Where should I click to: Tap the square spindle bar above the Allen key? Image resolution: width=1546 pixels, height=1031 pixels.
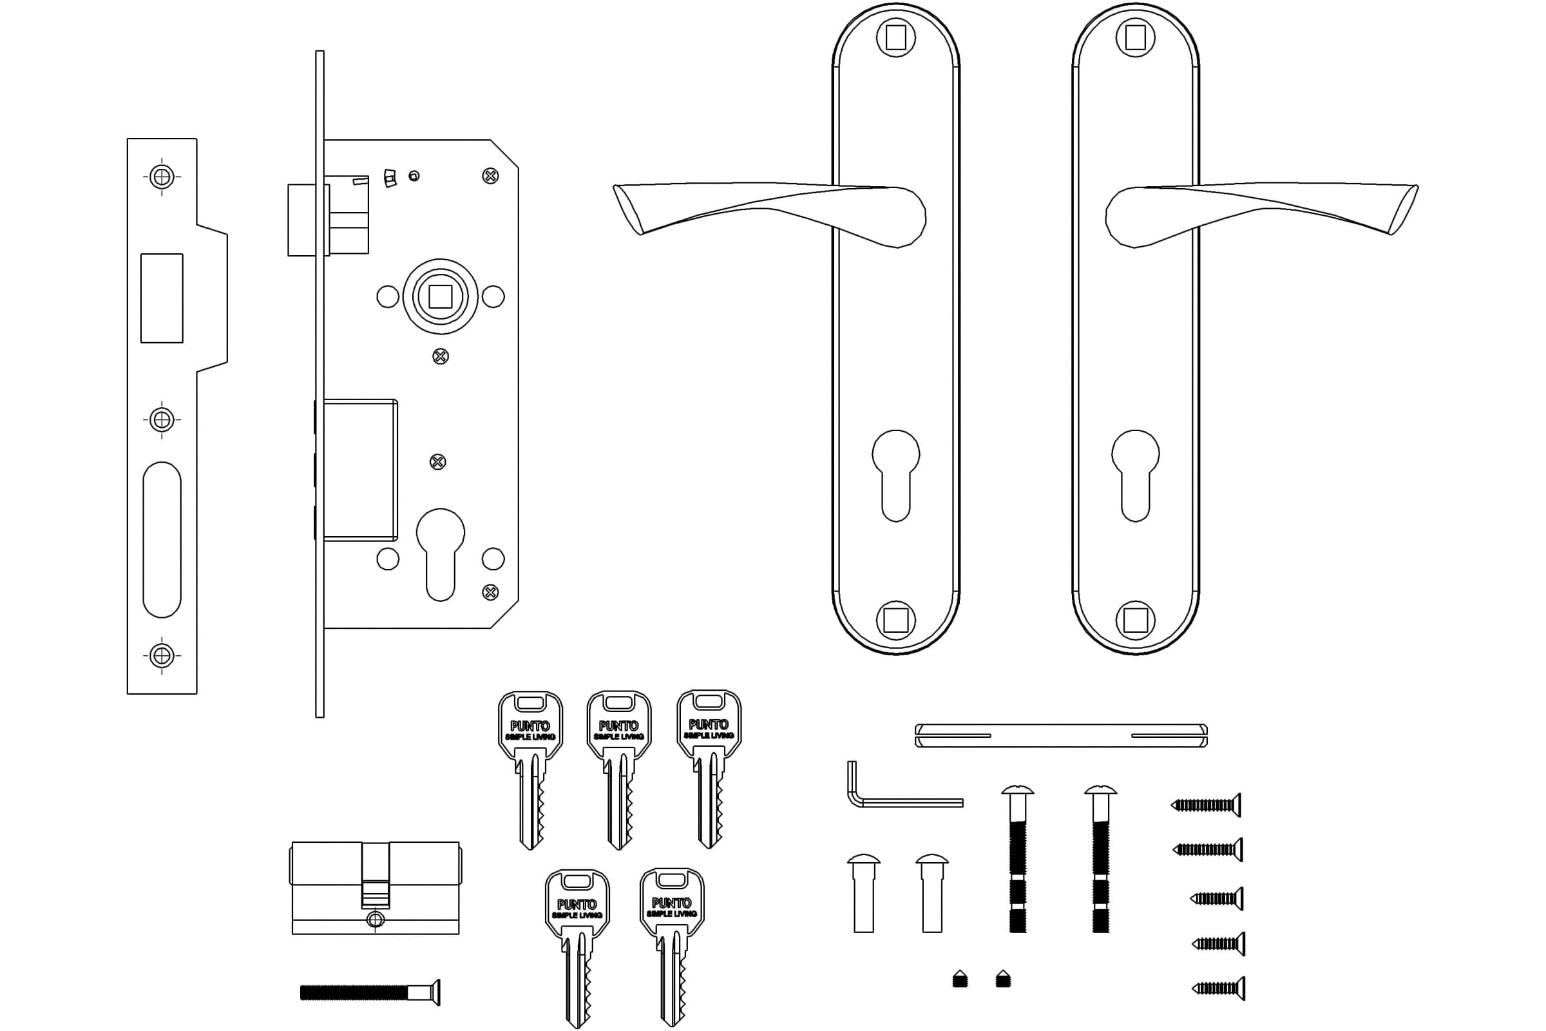click(1061, 736)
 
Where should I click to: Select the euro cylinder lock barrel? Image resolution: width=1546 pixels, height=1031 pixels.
click(376, 888)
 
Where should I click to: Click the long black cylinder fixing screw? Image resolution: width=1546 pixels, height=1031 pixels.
click(370, 992)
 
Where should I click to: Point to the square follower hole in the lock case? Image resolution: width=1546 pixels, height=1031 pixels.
click(441, 296)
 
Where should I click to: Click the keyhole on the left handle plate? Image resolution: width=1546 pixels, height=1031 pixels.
click(895, 476)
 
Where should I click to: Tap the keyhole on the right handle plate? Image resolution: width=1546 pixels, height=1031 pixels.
click(1135, 476)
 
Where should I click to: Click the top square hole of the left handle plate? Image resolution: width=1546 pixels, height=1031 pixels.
click(896, 37)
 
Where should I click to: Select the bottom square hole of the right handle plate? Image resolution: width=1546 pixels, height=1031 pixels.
click(1135, 620)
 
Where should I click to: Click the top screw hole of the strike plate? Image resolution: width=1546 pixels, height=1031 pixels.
click(162, 177)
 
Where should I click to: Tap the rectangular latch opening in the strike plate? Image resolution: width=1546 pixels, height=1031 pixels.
click(162, 298)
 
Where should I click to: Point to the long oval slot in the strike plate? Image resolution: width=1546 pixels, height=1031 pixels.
click(162, 539)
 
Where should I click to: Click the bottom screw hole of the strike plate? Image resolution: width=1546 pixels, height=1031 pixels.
click(162, 655)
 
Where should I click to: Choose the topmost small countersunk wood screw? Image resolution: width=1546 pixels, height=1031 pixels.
click(1206, 805)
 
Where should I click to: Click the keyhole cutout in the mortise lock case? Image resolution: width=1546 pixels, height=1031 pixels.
click(441, 554)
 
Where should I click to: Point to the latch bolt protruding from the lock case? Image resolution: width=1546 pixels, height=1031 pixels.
click(309, 220)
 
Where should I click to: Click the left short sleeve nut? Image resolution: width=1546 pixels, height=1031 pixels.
click(864, 893)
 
